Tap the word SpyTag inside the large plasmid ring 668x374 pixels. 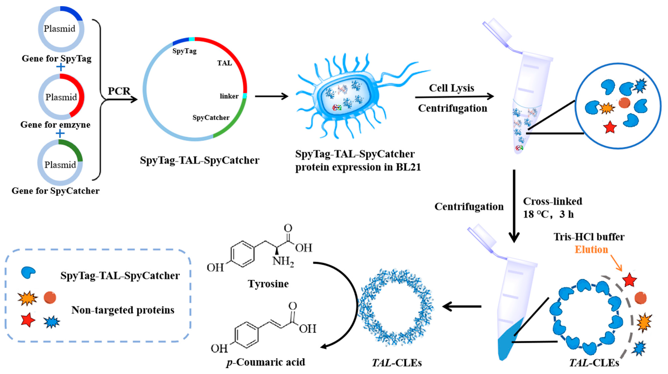(184, 51)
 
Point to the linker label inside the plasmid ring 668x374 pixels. (229, 96)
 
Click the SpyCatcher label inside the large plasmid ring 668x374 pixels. (211, 118)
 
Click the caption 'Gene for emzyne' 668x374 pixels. (55, 125)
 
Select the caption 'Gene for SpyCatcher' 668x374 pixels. (55, 191)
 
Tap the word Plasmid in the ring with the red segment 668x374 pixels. (61, 97)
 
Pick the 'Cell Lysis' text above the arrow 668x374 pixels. (451, 88)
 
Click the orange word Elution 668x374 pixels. (591, 250)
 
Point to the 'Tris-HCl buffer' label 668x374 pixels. (589, 237)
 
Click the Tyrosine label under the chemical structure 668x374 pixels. (268, 284)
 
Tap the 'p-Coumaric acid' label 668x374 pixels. (266, 362)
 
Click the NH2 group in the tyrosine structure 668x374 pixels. (283, 261)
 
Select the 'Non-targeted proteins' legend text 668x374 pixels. (123, 310)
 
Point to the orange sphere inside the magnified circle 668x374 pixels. (624, 103)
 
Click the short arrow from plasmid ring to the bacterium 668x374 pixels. (271, 96)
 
